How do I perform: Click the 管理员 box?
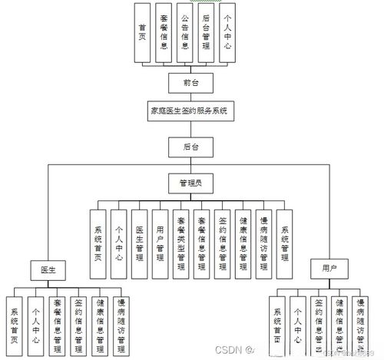point(190,183)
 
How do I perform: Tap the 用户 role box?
point(329,269)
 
